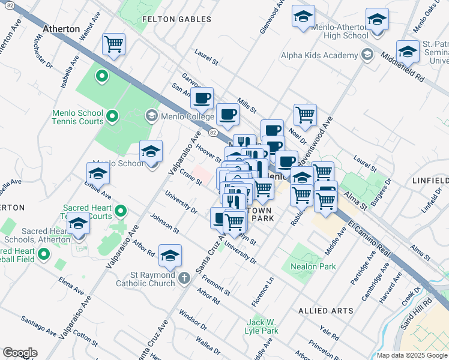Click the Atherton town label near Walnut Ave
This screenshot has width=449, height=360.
tap(61, 29)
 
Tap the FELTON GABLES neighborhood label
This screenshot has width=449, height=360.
tap(176, 19)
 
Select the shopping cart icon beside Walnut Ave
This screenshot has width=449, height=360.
tap(113, 44)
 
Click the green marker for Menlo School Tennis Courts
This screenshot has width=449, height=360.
tap(112, 115)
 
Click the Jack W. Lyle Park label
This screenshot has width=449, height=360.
tap(262, 326)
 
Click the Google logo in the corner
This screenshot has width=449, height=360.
tap(20, 352)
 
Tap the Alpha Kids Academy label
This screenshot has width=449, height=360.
tap(319, 56)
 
